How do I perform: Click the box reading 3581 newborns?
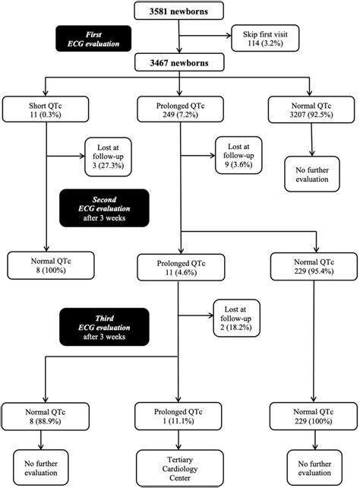[179, 11]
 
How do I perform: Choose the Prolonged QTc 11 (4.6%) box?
[179, 266]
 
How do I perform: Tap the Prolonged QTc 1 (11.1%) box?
[179, 415]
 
